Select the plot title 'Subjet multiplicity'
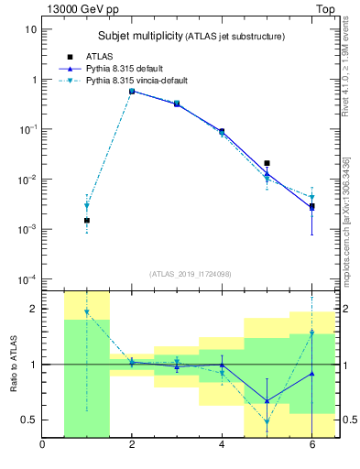[140, 36]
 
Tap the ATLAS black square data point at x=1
[87, 221]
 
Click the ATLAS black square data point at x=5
[267, 163]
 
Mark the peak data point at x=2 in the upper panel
[132, 92]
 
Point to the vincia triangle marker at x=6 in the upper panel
[311, 197]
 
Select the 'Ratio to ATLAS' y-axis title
[13, 364]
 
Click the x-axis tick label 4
[222, 446]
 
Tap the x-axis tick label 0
[42, 446]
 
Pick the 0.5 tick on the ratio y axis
[28, 420]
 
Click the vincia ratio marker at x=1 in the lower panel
[87, 312]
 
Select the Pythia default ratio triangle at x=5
[267, 400]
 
